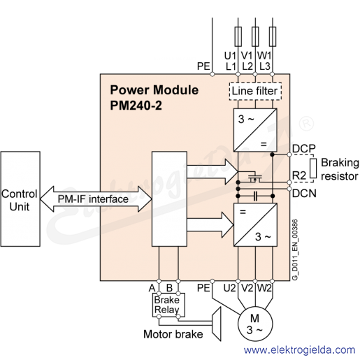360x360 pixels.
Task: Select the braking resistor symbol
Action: coord(313,168)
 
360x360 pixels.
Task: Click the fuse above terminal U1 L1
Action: coord(238,36)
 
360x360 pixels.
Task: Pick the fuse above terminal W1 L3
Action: coord(273,36)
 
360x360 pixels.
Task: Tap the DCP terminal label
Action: coord(304,148)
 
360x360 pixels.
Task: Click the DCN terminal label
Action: coord(304,194)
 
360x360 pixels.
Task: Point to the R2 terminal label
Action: coord(299,175)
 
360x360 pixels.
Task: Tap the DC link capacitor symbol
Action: coord(255,196)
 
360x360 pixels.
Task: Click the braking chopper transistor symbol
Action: coord(255,178)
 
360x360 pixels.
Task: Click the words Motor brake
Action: coord(173,334)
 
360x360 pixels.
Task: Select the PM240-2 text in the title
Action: coord(136,106)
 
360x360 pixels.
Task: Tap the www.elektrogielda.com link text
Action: coord(299,350)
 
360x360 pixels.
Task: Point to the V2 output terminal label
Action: coord(247,288)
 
